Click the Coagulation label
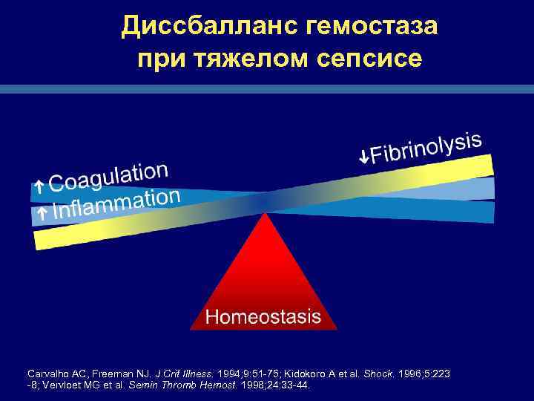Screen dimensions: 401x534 click(x=111, y=177)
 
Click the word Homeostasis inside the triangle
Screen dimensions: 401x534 click(x=263, y=317)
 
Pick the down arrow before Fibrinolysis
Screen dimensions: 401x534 click(x=363, y=157)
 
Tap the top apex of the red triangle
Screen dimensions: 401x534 click(x=264, y=213)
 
